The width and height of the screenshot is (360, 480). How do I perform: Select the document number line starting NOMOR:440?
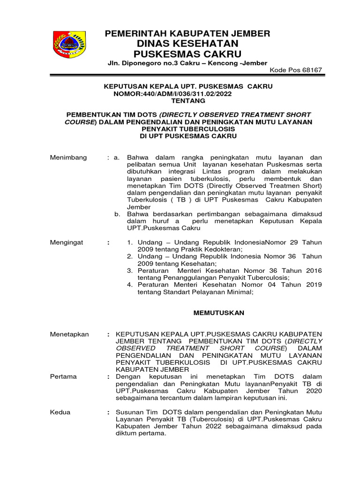pyautogui.click(x=172, y=94)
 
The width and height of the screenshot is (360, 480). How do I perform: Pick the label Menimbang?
pyautogui.click(x=68, y=157)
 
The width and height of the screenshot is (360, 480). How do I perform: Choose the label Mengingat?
pyautogui.click(x=67, y=242)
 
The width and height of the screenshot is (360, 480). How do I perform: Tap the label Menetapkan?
pyautogui.click(x=69, y=334)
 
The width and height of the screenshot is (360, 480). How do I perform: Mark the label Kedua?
pyautogui.click(x=60, y=412)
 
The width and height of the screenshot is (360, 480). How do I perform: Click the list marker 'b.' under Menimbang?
pyautogui.click(x=118, y=214)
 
